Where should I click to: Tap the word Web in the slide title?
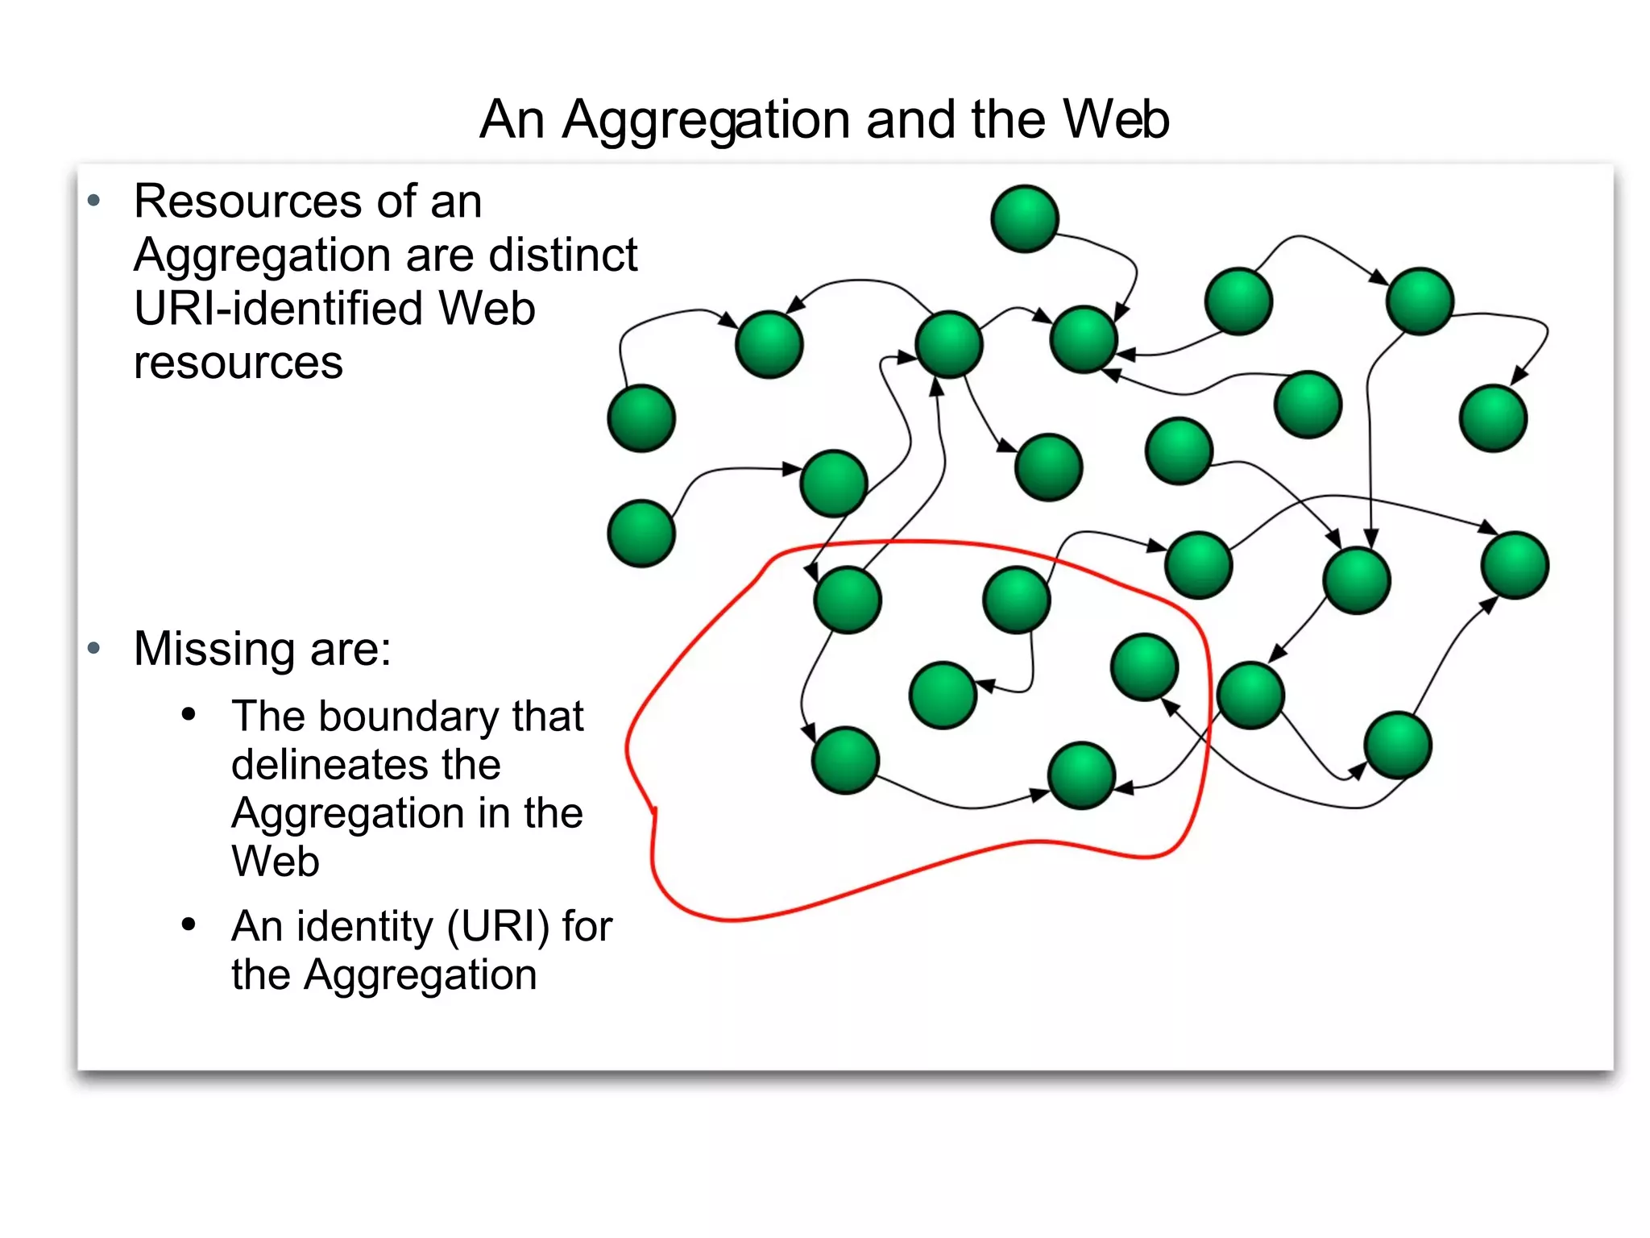[1116, 119]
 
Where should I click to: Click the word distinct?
[562, 255]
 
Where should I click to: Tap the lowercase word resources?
[238, 363]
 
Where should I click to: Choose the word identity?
[365, 926]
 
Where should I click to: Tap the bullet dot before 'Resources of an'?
[94, 201]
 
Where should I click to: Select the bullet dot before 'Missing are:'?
[94, 648]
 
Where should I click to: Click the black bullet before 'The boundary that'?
[189, 714]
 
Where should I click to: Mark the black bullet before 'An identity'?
[189, 924]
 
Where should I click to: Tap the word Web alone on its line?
[276, 862]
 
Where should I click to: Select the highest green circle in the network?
[1025, 218]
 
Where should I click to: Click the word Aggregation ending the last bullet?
[421, 975]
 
